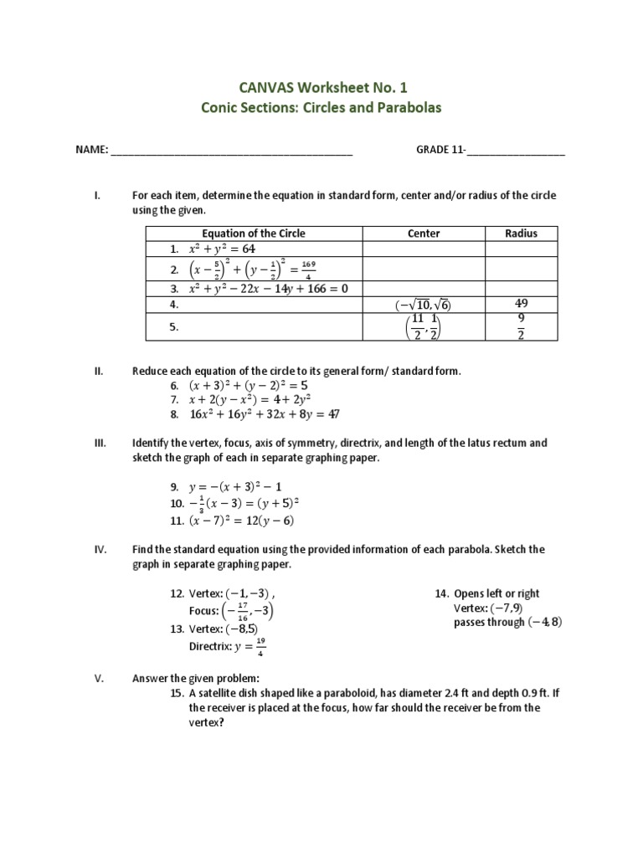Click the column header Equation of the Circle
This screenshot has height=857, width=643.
254,233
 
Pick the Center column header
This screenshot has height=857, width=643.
423,233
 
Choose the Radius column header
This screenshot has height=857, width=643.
522,233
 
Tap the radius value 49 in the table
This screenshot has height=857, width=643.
522,304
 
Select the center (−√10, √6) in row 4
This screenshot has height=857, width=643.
424,305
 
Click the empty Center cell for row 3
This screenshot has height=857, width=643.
423,289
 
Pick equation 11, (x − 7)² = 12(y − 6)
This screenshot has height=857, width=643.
243,521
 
